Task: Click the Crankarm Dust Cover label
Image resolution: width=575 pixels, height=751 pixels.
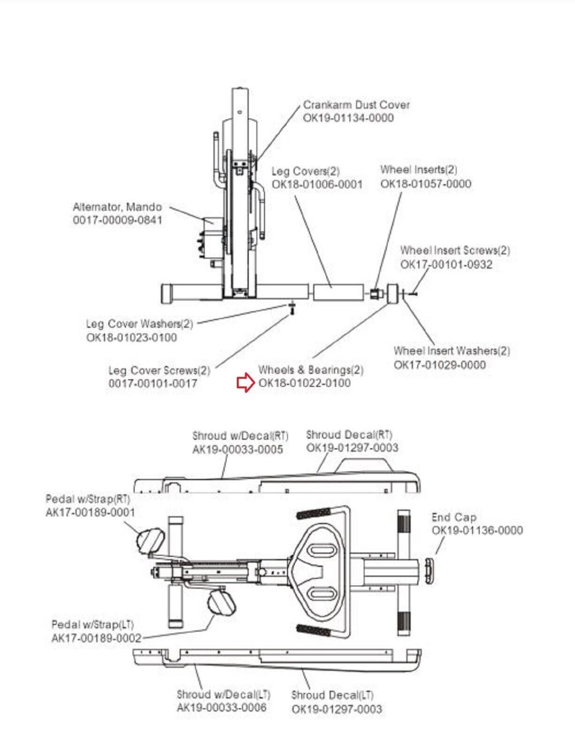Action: [356, 105]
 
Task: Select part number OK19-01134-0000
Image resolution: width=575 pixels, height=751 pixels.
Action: [348, 118]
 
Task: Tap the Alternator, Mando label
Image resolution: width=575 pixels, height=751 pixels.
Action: [117, 207]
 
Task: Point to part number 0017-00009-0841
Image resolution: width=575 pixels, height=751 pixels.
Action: [117, 220]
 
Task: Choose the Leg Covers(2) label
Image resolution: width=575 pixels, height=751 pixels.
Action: [306, 171]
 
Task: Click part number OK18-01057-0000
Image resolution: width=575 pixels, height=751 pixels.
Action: [426, 184]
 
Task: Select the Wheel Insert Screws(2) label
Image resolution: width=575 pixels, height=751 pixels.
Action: [455, 250]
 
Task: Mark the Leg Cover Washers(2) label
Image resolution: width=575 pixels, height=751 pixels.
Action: [139, 324]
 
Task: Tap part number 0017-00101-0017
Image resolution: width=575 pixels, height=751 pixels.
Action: [152, 383]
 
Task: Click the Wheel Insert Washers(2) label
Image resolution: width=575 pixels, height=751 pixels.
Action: [452, 351]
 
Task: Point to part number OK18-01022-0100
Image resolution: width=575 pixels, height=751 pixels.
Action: [304, 383]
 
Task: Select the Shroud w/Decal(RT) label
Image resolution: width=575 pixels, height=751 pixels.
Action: [240, 436]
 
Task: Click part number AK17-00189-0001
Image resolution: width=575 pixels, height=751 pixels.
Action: [90, 512]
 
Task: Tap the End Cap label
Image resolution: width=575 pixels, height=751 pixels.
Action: [454, 517]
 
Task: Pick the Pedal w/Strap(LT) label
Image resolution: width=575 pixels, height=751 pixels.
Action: [92, 625]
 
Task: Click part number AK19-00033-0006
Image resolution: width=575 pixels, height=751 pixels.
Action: [221, 707]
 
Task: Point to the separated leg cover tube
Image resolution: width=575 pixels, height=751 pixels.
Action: [339, 293]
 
